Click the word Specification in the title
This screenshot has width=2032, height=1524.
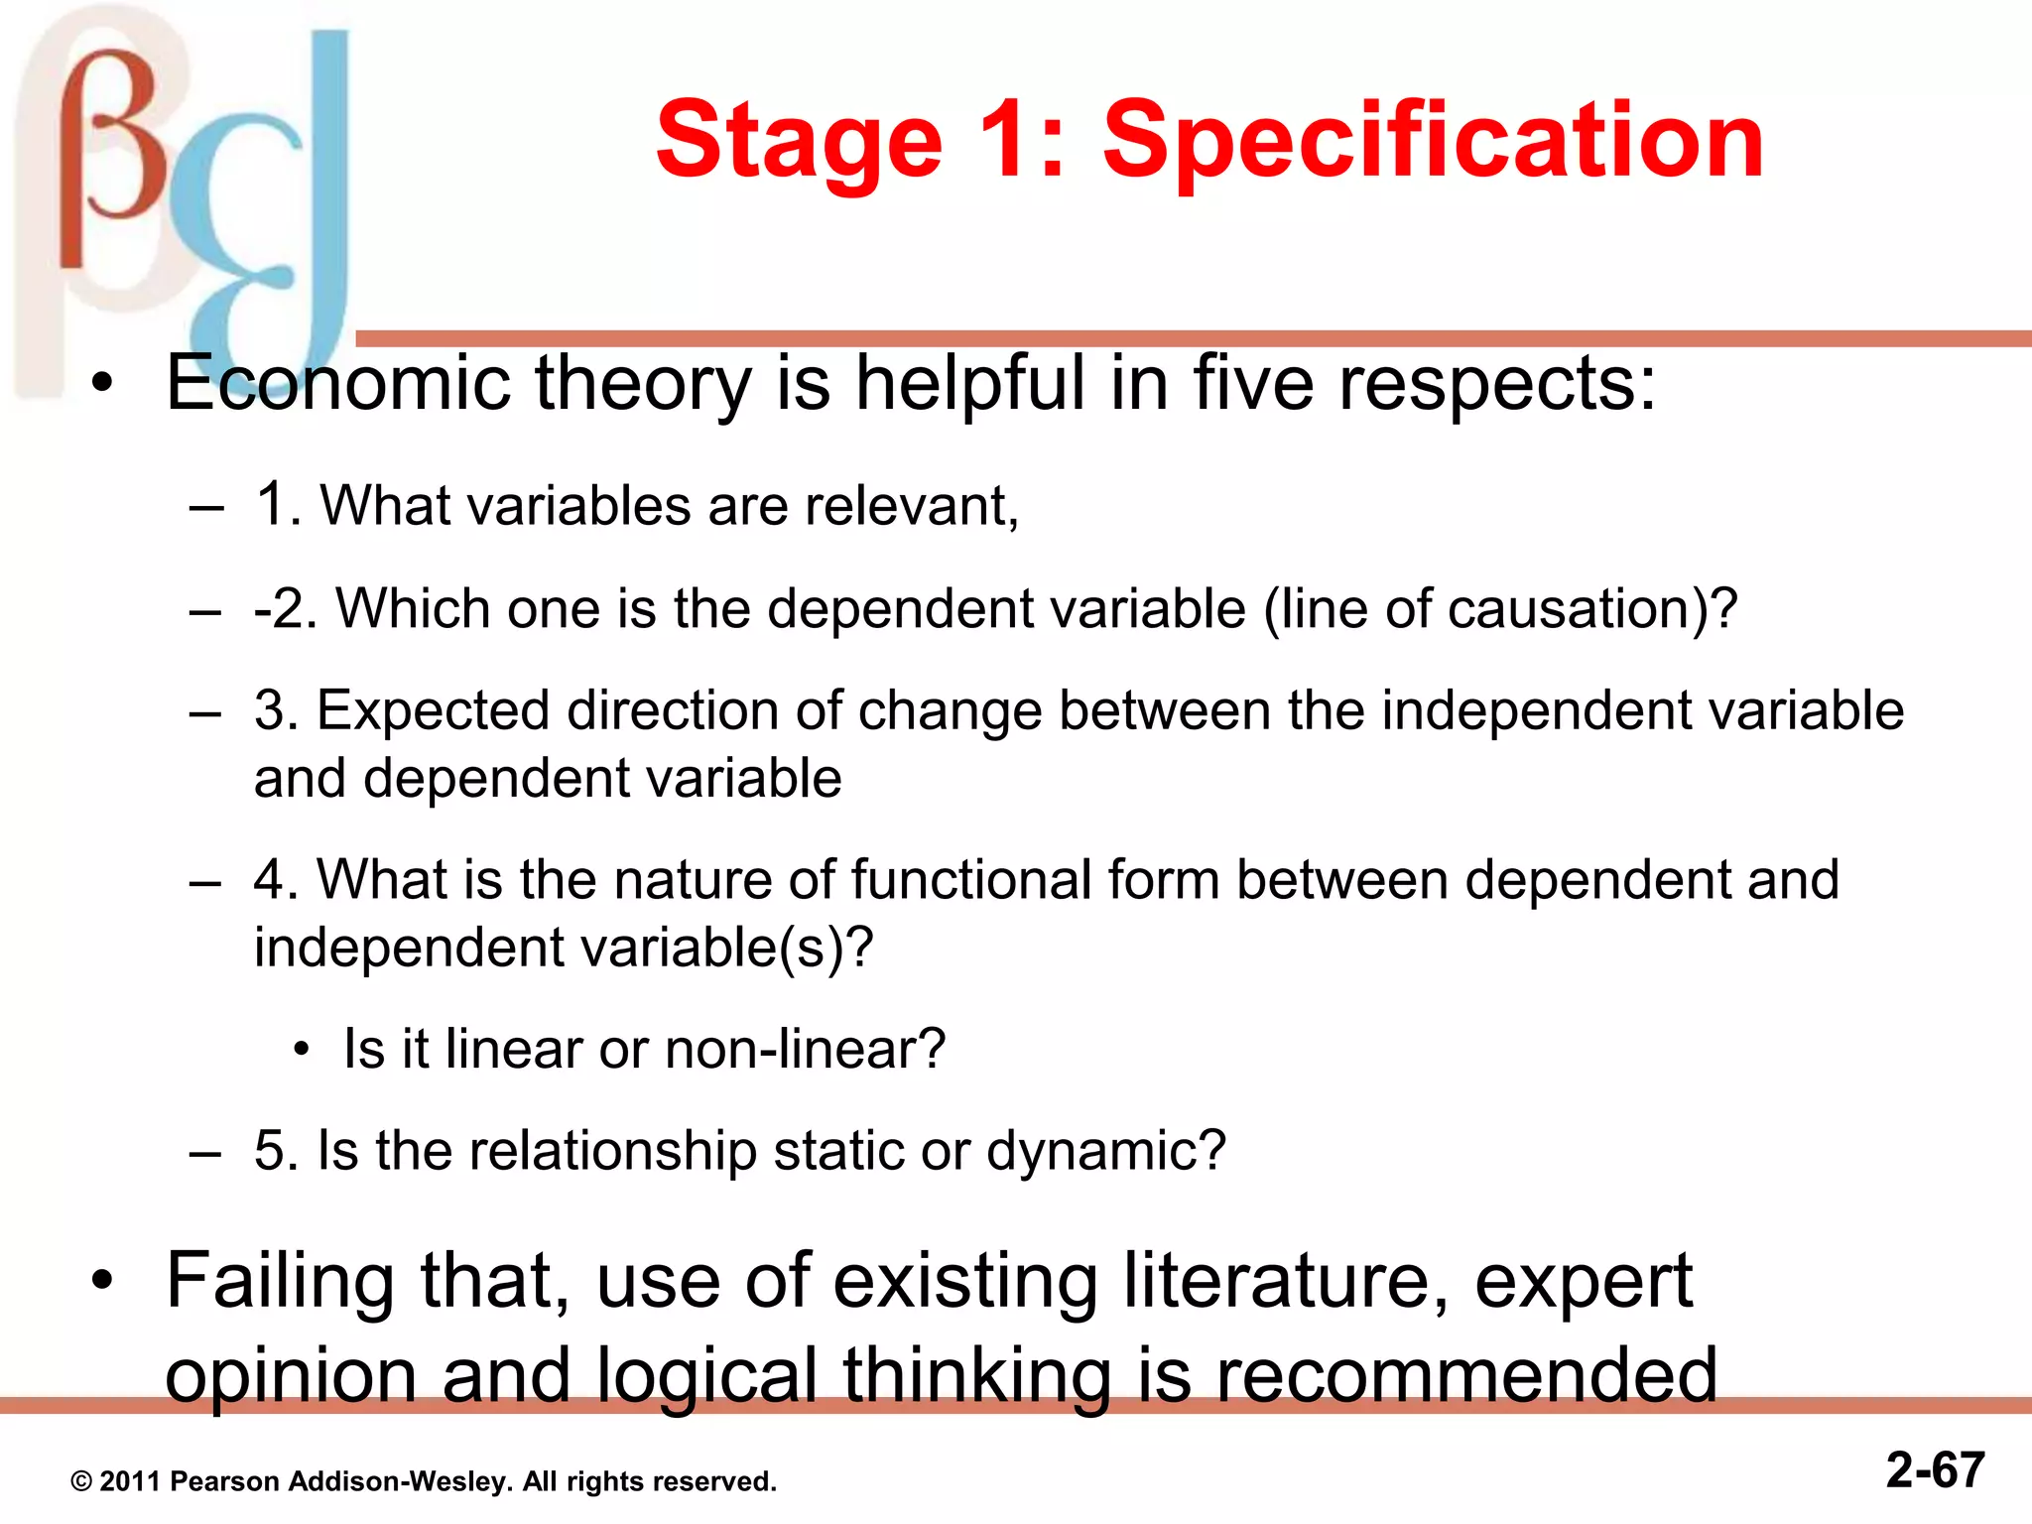pyautogui.click(x=1433, y=141)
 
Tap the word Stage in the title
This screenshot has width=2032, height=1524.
pyautogui.click(x=799, y=141)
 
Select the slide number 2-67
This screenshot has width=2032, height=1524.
pyautogui.click(x=1935, y=1469)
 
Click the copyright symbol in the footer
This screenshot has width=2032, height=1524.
pyautogui.click(x=81, y=1482)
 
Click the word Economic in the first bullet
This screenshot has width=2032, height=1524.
pyautogui.click(x=337, y=383)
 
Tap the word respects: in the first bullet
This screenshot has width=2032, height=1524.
pyautogui.click(x=1497, y=385)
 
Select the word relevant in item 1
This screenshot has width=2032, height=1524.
pyautogui.click(x=911, y=506)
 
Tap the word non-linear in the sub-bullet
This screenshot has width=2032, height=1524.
pyautogui.click(x=804, y=1050)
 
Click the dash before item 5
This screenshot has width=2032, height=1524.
pyautogui.click(x=204, y=1153)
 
